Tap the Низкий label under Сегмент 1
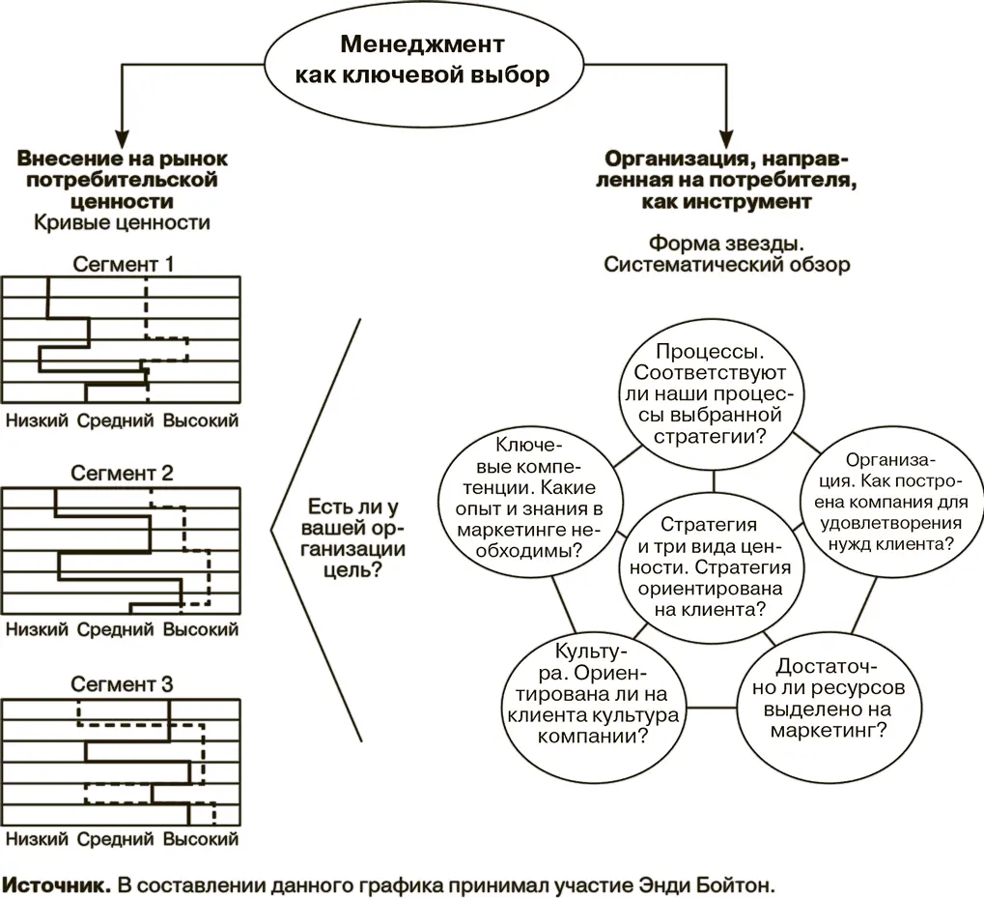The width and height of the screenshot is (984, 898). pos(37,420)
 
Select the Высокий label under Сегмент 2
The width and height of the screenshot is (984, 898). pos(200,630)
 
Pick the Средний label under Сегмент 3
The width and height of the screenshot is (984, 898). pos(115,839)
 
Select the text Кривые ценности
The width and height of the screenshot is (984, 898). pos(122,223)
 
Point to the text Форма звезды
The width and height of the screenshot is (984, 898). pos(726,243)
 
